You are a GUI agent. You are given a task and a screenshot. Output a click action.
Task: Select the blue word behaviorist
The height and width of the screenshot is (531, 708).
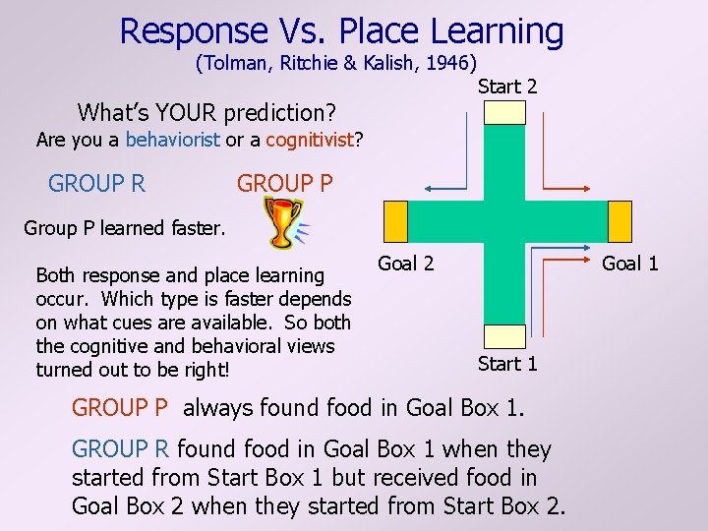point(173,140)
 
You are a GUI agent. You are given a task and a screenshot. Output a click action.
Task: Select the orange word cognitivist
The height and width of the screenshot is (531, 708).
point(310,140)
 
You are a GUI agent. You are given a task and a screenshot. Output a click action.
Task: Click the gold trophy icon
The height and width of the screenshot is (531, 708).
point(283,223)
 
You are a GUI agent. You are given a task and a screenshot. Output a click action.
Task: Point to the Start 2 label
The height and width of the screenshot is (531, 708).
point(507,87)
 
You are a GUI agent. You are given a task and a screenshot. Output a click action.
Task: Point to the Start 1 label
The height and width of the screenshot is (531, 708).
point(507,364)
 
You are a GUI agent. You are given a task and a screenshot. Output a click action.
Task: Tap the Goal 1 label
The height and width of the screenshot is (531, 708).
point(629,264)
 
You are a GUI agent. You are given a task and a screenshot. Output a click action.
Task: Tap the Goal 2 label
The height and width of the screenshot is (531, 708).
point(405,264)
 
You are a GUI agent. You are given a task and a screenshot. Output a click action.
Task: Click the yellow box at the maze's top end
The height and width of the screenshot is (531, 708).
point(506,112)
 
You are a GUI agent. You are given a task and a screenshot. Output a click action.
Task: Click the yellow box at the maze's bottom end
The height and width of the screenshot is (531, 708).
point(506,336)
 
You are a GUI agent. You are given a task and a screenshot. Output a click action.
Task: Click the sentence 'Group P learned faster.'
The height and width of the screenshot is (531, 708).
point(124,228)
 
